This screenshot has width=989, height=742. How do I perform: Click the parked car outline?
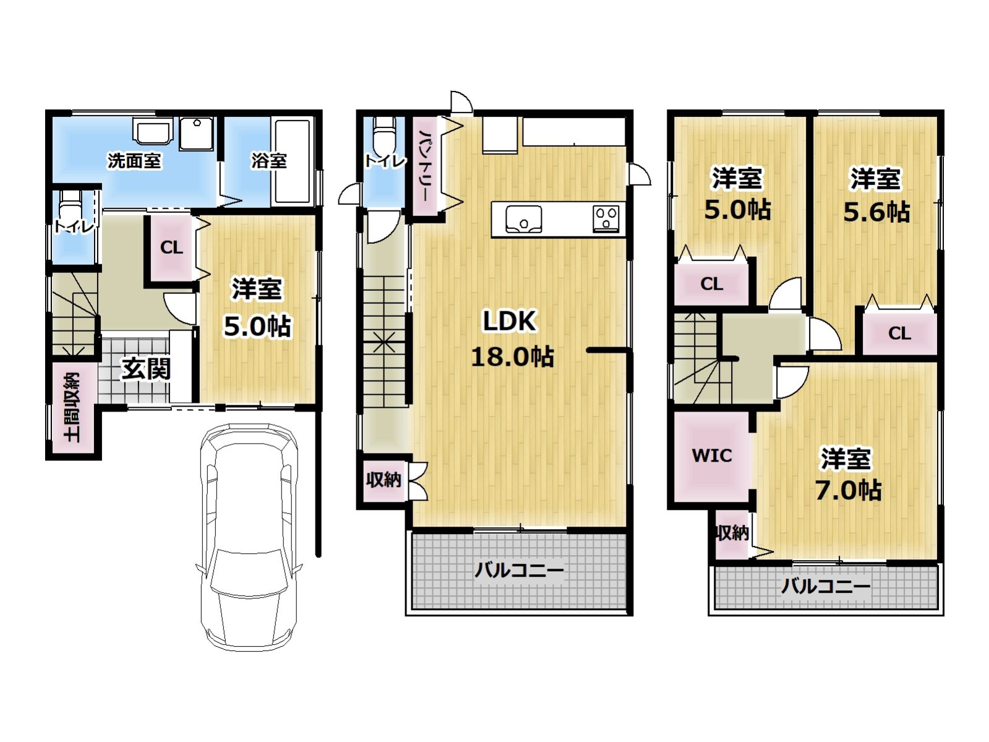click(249, 537)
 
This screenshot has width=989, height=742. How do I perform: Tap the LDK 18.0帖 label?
click(512, 339)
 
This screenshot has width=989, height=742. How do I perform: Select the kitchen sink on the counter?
click(523, 219)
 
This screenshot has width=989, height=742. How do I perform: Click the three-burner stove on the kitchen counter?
click(606, 218)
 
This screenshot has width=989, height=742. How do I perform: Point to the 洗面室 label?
click(134, 160)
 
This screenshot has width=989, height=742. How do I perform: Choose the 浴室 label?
click(269, 160)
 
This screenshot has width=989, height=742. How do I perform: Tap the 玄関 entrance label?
click(146, 369)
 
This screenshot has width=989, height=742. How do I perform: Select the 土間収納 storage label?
click(72, 407)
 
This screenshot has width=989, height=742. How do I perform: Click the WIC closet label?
click(712, 455)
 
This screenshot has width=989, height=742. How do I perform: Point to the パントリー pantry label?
click(424, 165)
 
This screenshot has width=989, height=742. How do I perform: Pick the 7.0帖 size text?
click(849, 490)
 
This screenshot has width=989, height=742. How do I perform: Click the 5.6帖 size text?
click(876, 212)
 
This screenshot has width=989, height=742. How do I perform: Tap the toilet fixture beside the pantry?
click(384, 135)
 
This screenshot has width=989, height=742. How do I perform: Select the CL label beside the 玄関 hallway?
click(172, 248)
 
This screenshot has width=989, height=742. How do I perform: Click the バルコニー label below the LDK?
click(519, 571)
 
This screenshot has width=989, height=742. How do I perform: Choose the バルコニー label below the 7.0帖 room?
click(826, 586)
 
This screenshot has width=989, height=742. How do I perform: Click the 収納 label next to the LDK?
click(383, 479)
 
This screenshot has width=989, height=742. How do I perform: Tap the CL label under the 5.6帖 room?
click(900, 333)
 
